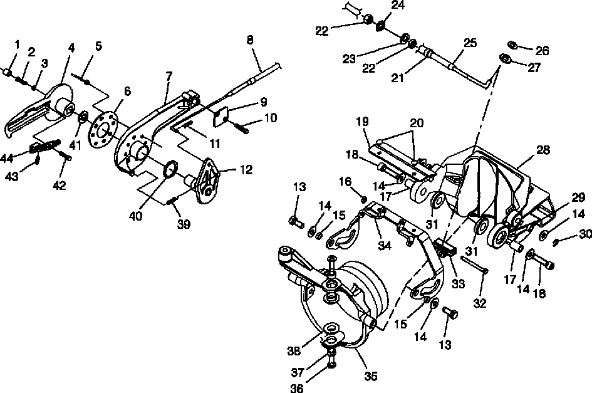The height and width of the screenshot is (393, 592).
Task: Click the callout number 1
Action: (17, 45)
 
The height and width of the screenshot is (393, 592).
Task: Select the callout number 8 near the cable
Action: (251, 39)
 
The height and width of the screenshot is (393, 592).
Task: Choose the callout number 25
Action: (470, 43)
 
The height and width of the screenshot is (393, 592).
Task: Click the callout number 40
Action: (136, 216)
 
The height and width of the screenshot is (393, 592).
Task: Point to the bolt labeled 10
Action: (241, 129)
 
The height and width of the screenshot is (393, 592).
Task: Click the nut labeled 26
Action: (511, 45)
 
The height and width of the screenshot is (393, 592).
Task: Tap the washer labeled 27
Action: (504, 59)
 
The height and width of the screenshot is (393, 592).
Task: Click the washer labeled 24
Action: (380, 26)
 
